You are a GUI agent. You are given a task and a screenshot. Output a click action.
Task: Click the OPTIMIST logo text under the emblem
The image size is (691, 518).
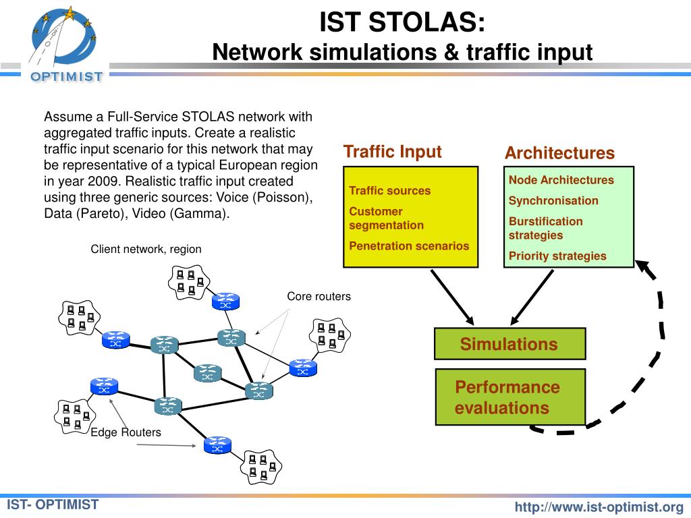pos(67,77)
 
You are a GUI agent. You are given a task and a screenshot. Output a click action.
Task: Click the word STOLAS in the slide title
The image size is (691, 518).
pos(426,22)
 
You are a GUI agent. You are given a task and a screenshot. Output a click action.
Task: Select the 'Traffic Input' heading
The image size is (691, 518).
pos(392,152)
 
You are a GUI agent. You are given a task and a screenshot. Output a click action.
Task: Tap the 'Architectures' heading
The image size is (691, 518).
pos(559,153)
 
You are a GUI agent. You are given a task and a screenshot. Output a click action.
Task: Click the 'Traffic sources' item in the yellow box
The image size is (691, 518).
pos(389,191)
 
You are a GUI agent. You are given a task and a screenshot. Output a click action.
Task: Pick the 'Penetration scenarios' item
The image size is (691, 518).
pos(409,246)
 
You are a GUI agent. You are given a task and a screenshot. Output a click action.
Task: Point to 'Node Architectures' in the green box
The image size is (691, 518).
pos(561,179)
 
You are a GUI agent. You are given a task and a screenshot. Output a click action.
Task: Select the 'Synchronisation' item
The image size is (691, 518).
pos(553,200)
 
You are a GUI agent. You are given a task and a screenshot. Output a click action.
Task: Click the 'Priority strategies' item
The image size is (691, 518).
pos(557,256)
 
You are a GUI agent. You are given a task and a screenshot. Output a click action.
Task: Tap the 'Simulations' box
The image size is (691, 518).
pos(510,343)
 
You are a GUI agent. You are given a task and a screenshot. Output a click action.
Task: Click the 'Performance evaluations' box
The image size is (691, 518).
pos(510,397)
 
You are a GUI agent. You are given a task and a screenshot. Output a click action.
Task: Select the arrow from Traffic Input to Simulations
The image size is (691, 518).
pos(452,297)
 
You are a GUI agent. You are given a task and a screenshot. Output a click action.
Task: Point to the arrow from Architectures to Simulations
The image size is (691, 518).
pos(532,297)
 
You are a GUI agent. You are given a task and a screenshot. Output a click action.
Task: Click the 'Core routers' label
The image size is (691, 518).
pos(319,297)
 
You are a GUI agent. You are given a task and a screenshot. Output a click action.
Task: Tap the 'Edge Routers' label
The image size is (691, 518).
pos(126,432)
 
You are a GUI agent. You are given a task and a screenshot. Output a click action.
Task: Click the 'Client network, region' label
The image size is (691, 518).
pos(146,250)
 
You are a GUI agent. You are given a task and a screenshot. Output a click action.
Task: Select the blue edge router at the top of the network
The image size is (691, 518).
pos(225,301)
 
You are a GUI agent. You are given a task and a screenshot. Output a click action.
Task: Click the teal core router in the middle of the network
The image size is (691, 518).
pos(208,373)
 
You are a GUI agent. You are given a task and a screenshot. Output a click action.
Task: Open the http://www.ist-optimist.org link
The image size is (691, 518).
pos(599,507)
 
